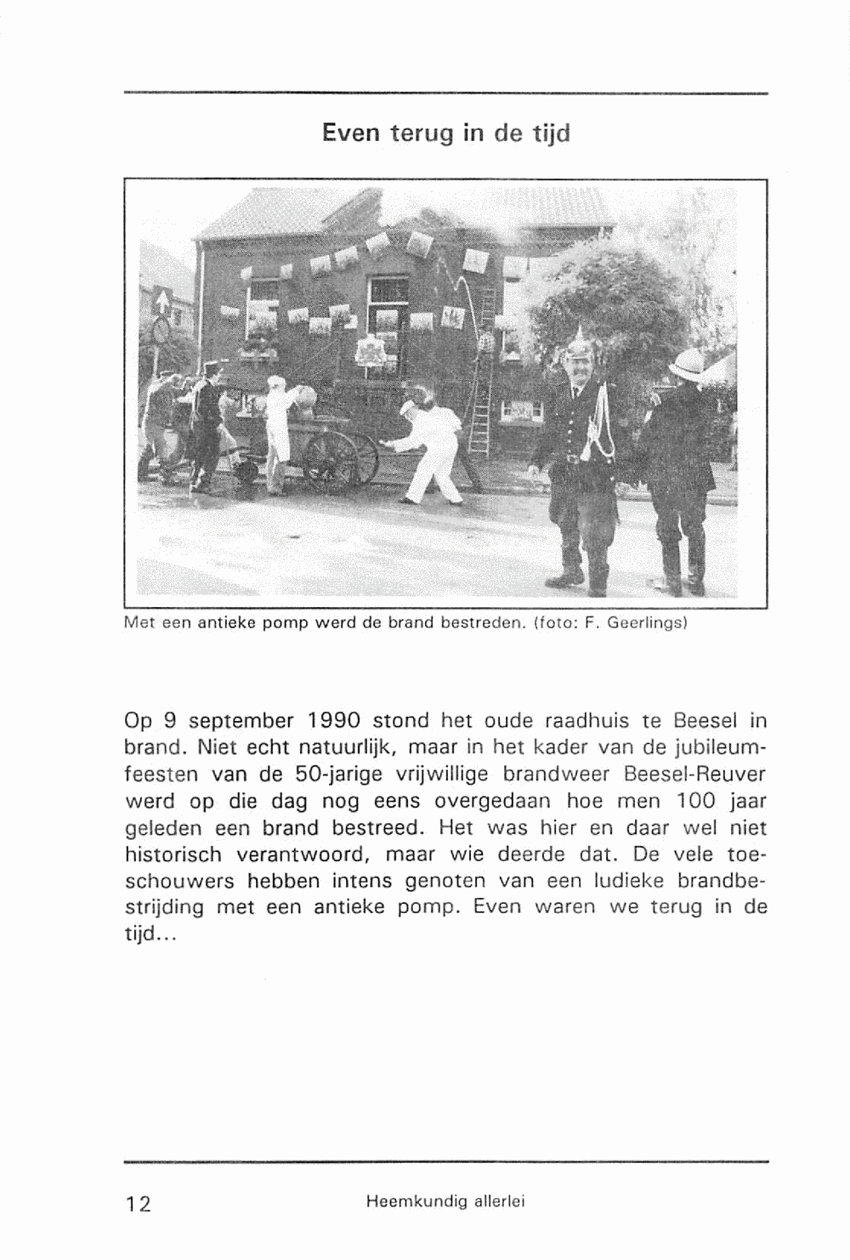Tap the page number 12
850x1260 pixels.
pyautogui.click(x=139, y=1203)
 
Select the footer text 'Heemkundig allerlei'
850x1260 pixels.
pyautogui.click(x=445, y=1201)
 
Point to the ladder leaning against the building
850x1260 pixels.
pyautogui.click(x=483, y=374)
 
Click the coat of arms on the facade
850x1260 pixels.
pyautogui.click(x=370, y=351)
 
